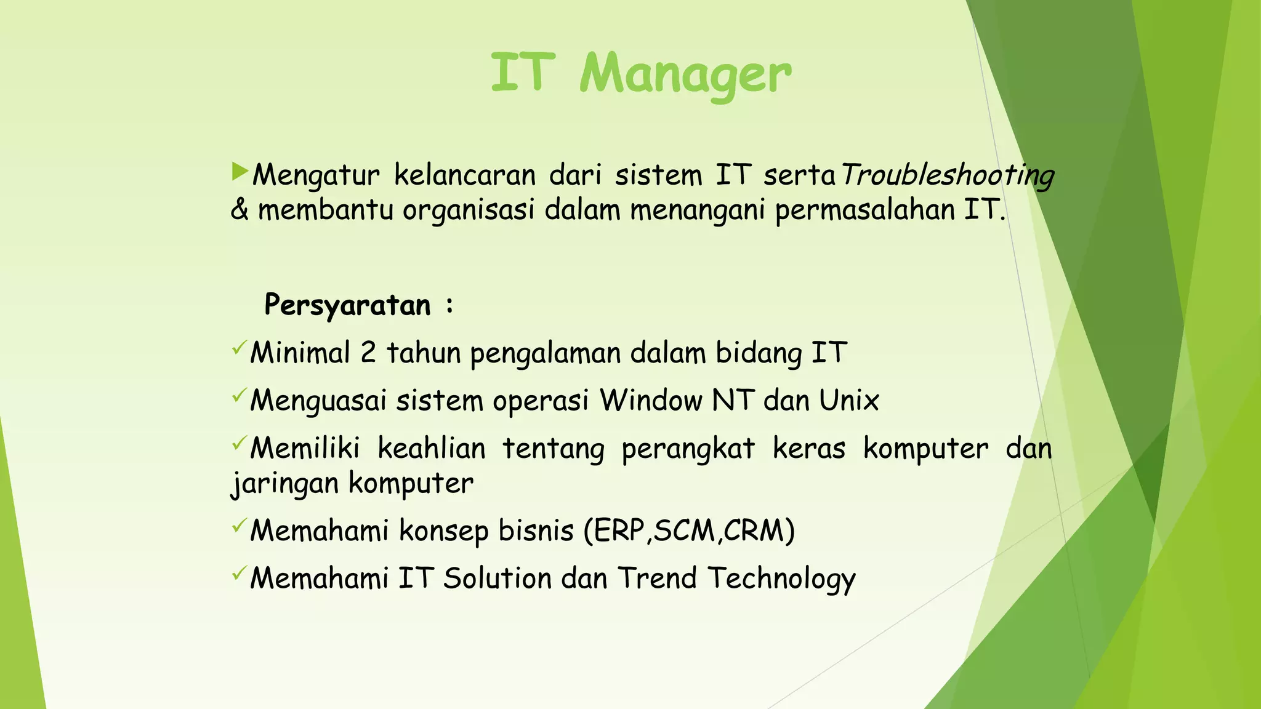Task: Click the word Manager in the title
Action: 685,75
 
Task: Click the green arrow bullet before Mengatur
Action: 240,172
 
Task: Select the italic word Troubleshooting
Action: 947,175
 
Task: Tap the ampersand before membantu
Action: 239,210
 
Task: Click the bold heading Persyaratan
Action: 348,305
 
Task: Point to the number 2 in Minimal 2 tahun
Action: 368,353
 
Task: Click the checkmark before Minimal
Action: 239,348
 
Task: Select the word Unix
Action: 848,401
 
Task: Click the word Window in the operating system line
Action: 651,401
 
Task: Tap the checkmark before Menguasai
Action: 239,395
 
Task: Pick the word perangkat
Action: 688,449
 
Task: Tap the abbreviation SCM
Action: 684,531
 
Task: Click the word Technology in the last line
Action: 781,579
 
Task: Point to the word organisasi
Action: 469,210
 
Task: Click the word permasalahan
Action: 864,210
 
